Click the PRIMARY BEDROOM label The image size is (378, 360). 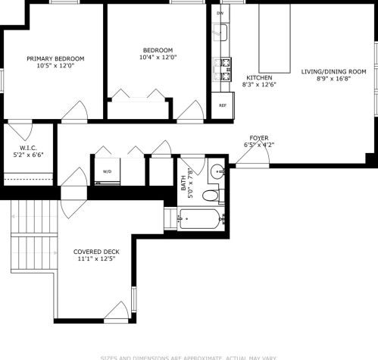[x=55, y=58]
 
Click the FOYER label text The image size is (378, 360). [x=259, y=139]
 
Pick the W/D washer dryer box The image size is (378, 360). [x=106, y=171]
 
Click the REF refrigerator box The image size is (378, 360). [x=222, y=105]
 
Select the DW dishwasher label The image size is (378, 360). [x=220, y=14]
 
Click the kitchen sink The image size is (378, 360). [x=222, y=34]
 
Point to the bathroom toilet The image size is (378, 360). [x=211, y=195]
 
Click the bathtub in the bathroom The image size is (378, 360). [x=201, y=220]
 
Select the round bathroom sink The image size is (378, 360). [x=217, y=171]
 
